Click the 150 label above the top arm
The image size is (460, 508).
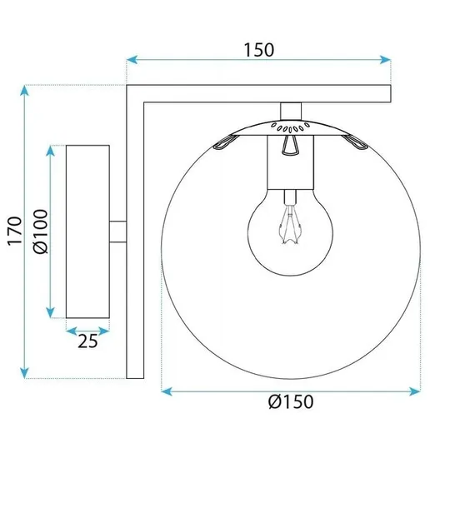pos(259,49)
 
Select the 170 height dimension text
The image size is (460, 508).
pos(12,231)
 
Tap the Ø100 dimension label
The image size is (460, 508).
pos(41,231)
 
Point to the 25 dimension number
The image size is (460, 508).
pos(87,340)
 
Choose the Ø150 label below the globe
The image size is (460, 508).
pos(291,401)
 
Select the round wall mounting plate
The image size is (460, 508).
pos(87,231)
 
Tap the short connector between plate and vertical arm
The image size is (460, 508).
pos(117,231)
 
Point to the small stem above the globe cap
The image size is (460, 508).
pos(290,111)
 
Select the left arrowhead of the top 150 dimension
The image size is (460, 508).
pos(131,60)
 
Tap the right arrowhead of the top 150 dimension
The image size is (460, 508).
pos(385,60)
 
